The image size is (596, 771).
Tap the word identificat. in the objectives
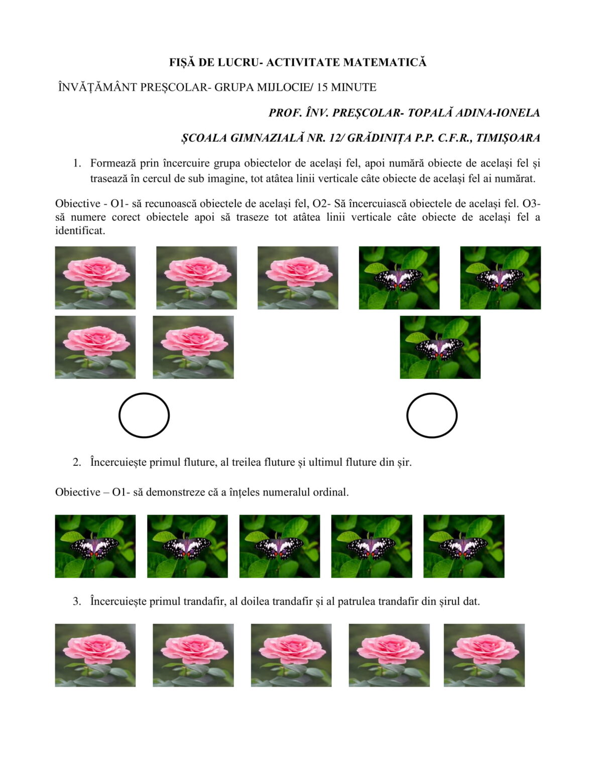pyautogui.click(x=80, y=231)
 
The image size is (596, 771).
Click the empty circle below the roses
pyautogui.click(x=144, y=415)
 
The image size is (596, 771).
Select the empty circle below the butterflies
pyautogui.click(x=431, y=415)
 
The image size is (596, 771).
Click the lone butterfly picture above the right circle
pyautogui.click(x=440, y=347)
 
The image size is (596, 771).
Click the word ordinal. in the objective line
pyautogui.click(x=331, y=492)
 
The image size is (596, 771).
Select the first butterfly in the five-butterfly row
pyautogui.click(x=95, y=546)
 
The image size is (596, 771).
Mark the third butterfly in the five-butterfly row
pyautogui.click(x=279, y=546)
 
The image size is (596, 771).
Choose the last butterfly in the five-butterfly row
pyautogui.click(x=463, y=546)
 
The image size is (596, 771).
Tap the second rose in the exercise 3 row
pyautogui.click(x=193, y=655)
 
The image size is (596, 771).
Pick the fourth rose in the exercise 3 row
pyautogui.click(x=389, y=655)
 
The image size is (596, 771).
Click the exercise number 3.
pyautogui.click(x=76, y=601)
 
